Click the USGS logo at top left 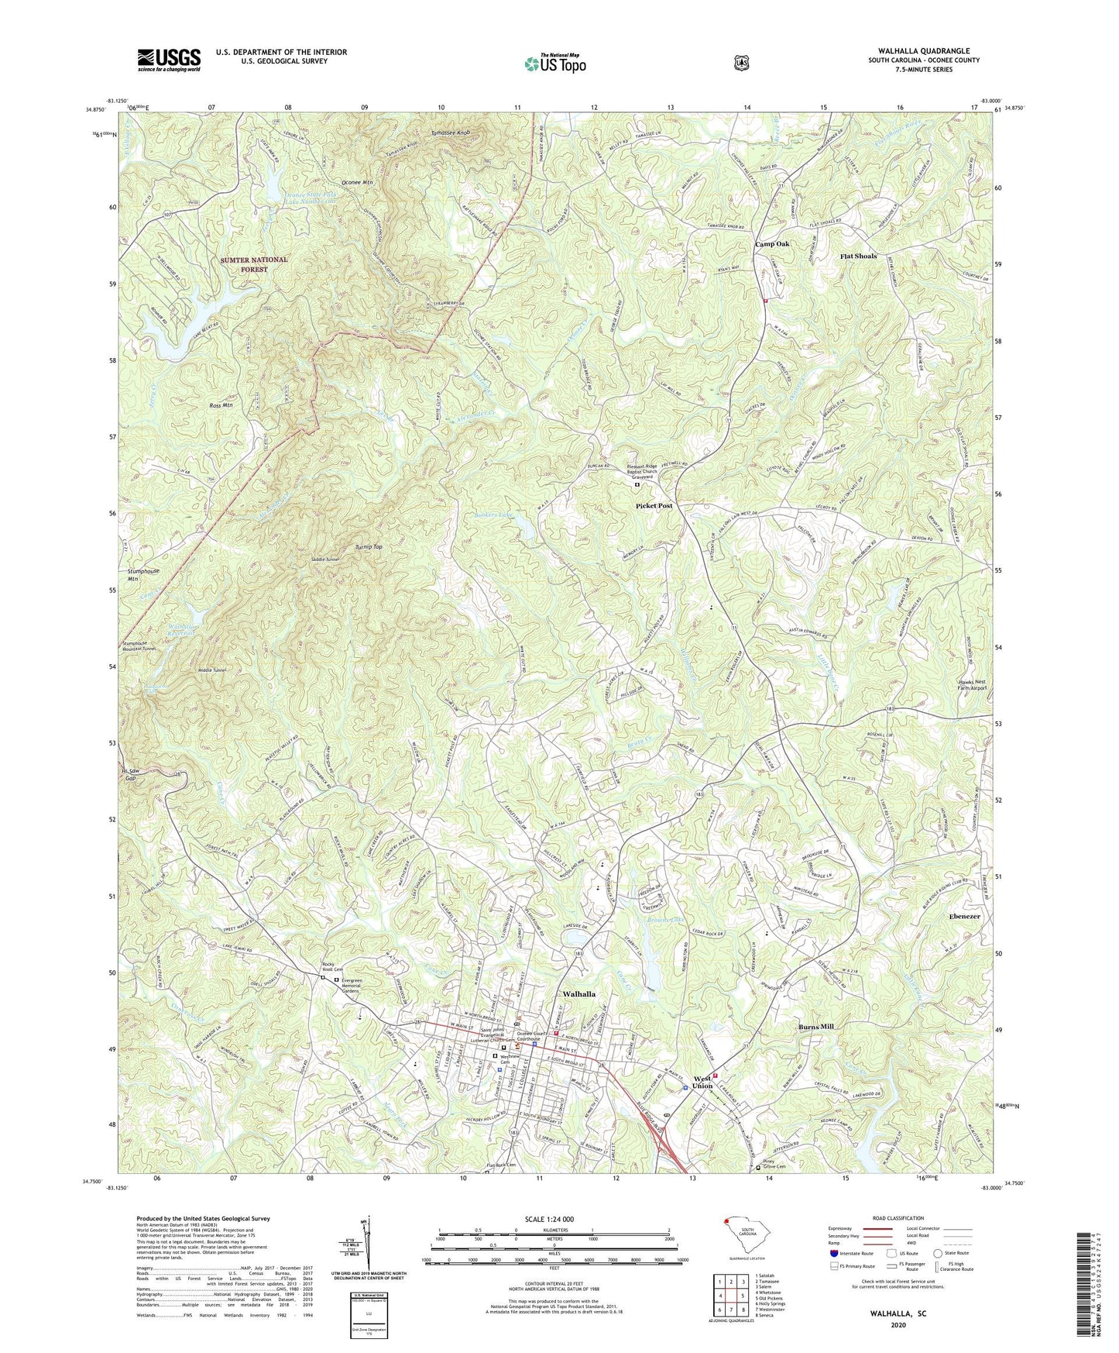[x=169, y=60]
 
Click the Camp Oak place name [x=772, y=244]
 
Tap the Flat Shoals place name [x=859, y=256]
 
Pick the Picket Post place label [x=654, y=505]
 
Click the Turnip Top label [x=369, y=547]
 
